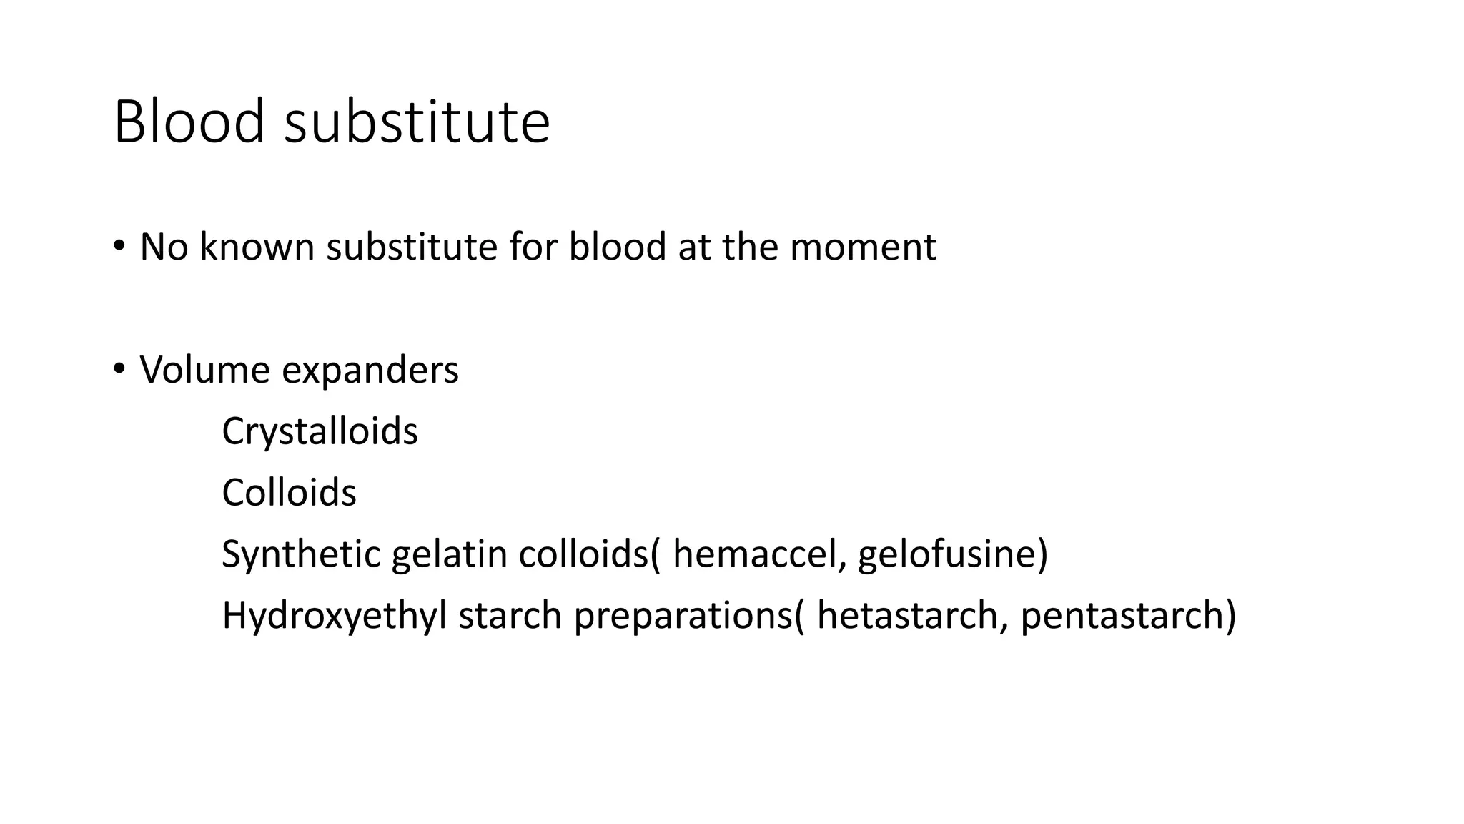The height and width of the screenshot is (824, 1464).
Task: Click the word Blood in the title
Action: coord(189,122)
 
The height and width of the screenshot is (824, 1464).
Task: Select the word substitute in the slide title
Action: coord(417,122)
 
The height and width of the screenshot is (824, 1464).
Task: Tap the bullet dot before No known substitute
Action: coord(119,246)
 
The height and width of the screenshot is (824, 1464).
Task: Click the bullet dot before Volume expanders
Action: coord(119,369)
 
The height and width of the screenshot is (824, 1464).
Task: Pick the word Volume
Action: coord(204,371)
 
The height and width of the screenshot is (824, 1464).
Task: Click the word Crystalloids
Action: coord(320,432)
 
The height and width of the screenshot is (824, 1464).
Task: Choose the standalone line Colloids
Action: coord(289,494)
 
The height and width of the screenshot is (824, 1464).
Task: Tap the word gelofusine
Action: coord(946,555)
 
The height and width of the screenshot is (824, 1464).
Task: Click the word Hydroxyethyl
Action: coord(334,617)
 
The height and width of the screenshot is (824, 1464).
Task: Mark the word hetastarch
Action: coord(906,617)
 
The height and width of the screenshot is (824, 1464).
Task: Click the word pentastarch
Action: coord(1121,617)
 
